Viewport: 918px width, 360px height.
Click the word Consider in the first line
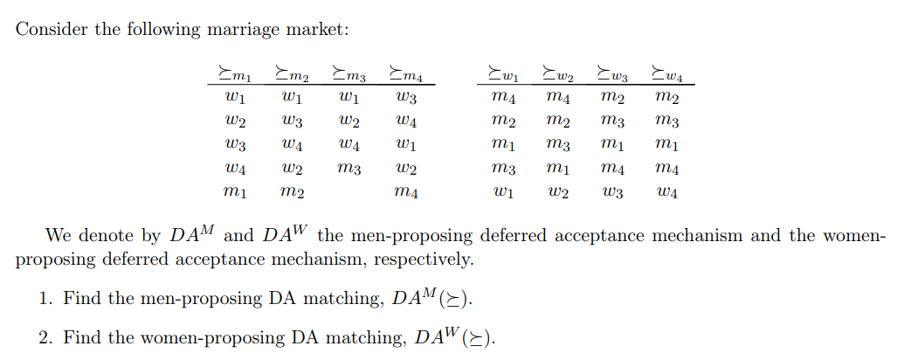(x=52, y=29)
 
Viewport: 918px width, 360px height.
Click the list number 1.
(x=45, y=299)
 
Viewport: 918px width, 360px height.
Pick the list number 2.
(x=45, y=337)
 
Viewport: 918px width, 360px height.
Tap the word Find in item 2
(x=82, y=337)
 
